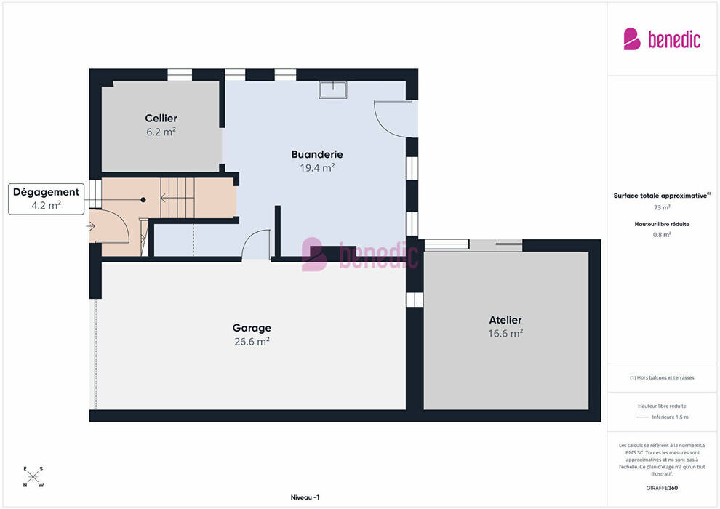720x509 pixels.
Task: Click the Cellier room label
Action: pyautogui.click(x=161, y=119)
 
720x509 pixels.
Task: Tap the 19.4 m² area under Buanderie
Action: pyautogui.click(x=317, y=168)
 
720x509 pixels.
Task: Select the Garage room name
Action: pyautogui.click(x=252, y=328)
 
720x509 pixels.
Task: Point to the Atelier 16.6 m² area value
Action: pyautogui.click(x=505, y=334)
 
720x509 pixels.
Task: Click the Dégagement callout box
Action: pyautogui.click(x=46, y=199)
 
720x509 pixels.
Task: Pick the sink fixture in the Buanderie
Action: pyautogui.click(x=333, y=89)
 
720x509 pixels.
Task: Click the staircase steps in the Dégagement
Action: pyautogui.click(x=177, y=198)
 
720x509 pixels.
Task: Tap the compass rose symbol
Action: pyautogui.click(x=33, y=477)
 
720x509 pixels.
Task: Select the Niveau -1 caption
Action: pyautogui.click(x=305, y=497)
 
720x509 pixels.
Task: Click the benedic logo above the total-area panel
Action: pyautogui.click(x=662, y=39)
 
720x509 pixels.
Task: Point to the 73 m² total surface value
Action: pyautogui.click(x=662, y=207)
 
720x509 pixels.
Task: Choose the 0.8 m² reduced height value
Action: pyautogui.click(x=662, y=235)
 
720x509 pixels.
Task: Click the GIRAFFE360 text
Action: pyautogui.click(x=662, y=488)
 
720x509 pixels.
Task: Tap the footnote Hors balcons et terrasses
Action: pyautogui.click(x=662, y=377)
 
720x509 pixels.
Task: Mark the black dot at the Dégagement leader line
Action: pyautogui.click(x=143, y=200)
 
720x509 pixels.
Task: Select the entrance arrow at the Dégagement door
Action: pyautogui.click(x=90, y=226)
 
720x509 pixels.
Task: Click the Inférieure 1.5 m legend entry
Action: pyautogui.click(x=670, y=417)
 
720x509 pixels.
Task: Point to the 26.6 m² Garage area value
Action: pyautogui.click(x=252, y=342)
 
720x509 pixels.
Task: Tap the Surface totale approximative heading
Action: pyautogui.click(x=662, y=196)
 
